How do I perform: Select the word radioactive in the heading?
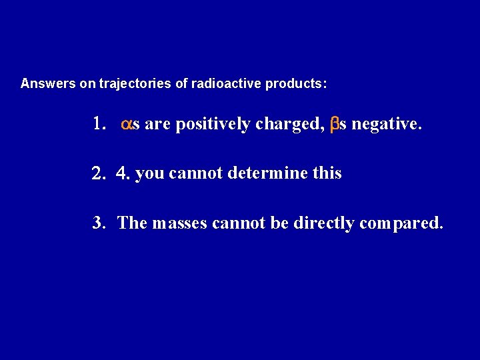pyautogui.click(x=228, y=85)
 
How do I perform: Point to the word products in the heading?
pyautogui.click(x=296, y=85)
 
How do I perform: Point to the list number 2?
pyautogui.click(x=99, y=174)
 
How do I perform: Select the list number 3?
pyautogui.click(x=100, y=223)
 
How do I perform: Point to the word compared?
pyautogui.click(x=400, y=223)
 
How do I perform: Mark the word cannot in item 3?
pyautogui.click(x=235, y=223)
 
